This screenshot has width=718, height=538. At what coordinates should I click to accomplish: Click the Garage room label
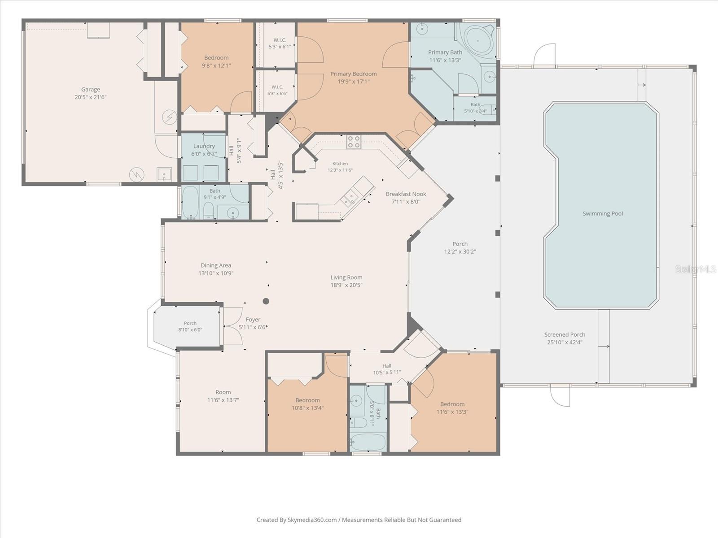point(91,89)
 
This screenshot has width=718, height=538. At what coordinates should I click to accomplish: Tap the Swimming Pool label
point(603,214)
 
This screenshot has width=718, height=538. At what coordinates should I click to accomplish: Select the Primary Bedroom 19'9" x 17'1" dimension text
point(353,82)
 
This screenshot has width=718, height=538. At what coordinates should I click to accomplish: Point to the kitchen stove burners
point(354,142)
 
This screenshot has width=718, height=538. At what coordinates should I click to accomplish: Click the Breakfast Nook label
point(406,194)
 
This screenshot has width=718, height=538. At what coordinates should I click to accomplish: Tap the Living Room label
point(346,278)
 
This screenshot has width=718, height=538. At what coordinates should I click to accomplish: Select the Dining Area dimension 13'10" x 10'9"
point(216,273)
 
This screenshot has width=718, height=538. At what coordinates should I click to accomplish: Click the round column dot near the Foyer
point(266,301)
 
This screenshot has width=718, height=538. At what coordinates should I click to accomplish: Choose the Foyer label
point(253,320)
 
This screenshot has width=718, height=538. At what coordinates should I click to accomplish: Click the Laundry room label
point(204,146)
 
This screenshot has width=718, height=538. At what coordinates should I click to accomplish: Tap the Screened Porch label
point(565,334)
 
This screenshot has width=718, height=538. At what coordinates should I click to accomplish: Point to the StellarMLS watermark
point(696,269)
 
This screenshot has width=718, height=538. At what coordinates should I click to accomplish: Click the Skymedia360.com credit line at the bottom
point(359,520)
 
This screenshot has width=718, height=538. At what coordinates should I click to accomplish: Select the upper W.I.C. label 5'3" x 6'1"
point(280,43)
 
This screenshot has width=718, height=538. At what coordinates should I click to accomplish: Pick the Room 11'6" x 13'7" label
point(223,396)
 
